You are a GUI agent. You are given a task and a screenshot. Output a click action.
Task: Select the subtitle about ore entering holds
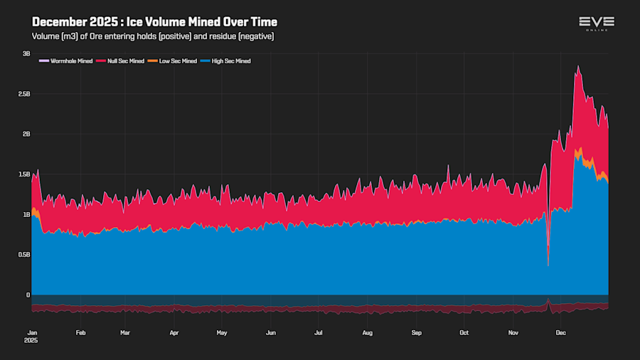tap(153, 36)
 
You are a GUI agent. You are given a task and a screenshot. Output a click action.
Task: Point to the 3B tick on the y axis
tap(26, 53)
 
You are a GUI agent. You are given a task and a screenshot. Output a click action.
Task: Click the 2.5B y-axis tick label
tap(23, 94)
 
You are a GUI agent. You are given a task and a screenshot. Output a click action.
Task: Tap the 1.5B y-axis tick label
tap(23, 174)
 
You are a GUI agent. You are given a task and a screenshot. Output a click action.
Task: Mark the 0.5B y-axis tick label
tap(23, 255)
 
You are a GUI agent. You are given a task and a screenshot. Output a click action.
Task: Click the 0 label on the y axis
tap(28, 295)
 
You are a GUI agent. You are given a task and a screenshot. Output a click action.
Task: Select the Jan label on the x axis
tap(33, 332)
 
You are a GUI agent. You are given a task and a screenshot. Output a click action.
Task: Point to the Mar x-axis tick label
tap(125, 332)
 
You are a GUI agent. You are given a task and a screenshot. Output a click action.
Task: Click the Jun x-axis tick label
tap(270, 332)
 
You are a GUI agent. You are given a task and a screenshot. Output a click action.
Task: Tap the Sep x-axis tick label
tap(416, 332)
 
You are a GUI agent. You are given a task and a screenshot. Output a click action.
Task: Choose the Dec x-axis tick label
tap(560, 332)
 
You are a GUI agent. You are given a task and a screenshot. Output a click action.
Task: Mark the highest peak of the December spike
tap(578, 66)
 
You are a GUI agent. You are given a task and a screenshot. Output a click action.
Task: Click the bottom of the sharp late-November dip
tap(548, 266)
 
